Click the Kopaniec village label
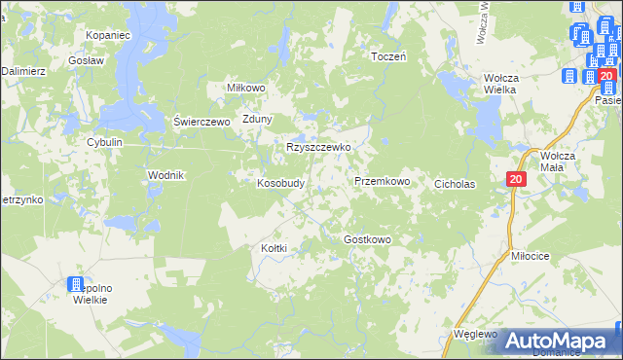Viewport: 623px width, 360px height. [x=107, y=35]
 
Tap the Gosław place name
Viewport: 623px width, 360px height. [x=87, y=59]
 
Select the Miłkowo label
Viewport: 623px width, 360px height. [x=246, y=87]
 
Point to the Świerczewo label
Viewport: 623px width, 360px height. [x=200, y=122]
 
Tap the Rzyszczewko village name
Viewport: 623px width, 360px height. [x=317, y=148]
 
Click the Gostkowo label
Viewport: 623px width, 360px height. [x=367, y=239]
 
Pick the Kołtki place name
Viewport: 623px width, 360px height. [x=274, y=248]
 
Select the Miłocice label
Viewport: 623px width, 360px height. [x=531, y=255]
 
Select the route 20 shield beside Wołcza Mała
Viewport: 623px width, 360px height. [x=516, y=179]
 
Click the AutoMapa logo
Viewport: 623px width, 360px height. [x=559, y=341]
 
